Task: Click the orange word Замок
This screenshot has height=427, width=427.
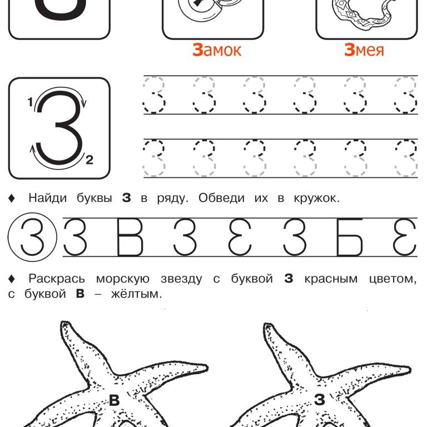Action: [217, 50]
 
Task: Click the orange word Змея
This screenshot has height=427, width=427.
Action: [364, 50]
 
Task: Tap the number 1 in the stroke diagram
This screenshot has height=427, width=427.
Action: [30, 102]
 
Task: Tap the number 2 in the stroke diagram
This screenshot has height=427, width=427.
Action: [90, 160]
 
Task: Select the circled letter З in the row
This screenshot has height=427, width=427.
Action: [32, 237]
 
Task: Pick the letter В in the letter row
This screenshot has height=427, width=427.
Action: [130, 237]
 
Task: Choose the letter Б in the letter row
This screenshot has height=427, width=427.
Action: [350, 237]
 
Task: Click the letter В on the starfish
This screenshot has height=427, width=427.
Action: [115, 400]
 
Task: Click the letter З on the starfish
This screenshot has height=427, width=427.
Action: [320, 400]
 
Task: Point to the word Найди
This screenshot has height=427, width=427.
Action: [48, 198]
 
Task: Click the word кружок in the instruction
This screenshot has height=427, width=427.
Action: [316, 198]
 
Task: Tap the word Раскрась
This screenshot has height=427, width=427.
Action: [57, 279]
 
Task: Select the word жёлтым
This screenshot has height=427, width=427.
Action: [136, 294]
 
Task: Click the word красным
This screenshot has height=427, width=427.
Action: [331, 279]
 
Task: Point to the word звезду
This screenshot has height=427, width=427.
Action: [181, 279]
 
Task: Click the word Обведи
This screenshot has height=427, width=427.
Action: [221, 198]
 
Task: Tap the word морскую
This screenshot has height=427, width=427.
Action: [123, 279]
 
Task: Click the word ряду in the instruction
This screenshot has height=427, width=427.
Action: [172, 198]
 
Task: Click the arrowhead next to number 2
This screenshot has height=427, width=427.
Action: [32, 148]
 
